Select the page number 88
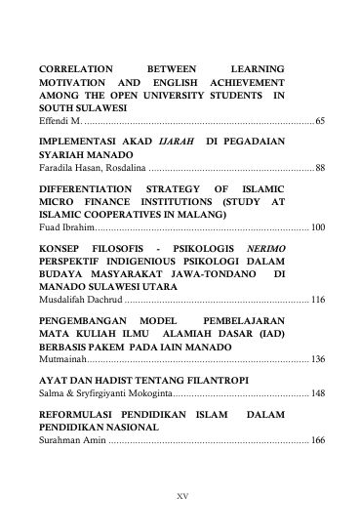click(320, 168)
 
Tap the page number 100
click(317, 227)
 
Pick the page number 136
click(317, 361)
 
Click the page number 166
click(317, 441)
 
